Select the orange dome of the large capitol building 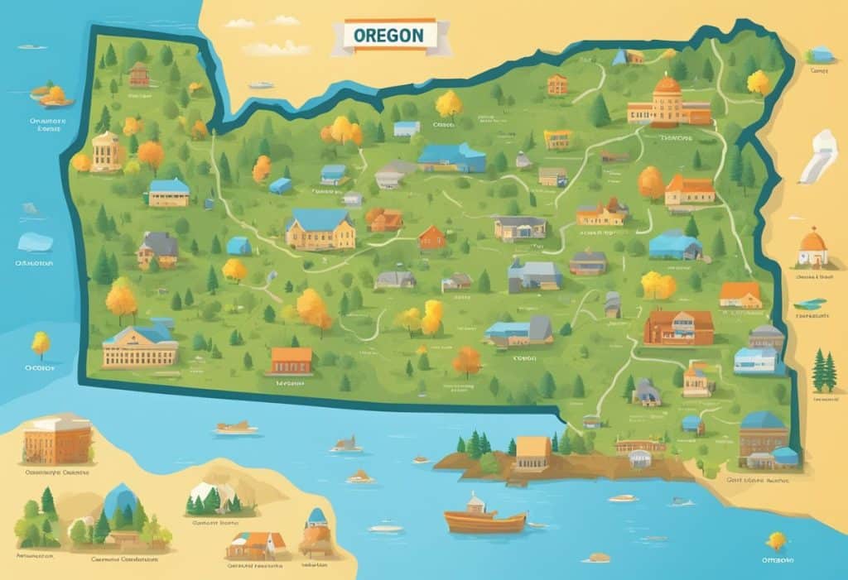667,85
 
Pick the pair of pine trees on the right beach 824,371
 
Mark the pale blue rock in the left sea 35,242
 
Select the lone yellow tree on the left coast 41,343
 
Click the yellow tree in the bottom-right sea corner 777,541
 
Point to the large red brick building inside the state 678,327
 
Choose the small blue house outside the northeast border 820,55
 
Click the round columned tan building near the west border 106,151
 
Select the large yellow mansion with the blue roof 320,229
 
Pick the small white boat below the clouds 261,85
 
